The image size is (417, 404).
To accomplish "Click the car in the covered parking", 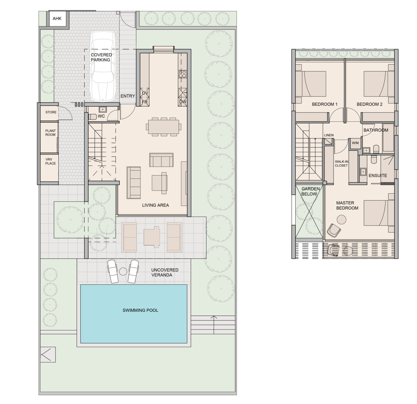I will (102, 66).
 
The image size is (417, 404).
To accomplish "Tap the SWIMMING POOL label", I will (140, 310).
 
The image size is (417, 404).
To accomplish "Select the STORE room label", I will (51, 112).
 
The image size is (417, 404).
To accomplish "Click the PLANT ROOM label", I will (51, 133).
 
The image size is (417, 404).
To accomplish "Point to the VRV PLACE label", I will (51, 161).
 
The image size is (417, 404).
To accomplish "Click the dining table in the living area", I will (162, 126).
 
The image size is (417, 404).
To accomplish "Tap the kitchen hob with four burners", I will (183, 74).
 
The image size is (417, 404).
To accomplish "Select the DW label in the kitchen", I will (183, 102).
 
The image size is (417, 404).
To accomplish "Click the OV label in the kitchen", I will (145, 93).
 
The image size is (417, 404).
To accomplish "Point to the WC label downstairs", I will (101, 116).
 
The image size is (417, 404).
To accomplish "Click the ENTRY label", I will (128, 96).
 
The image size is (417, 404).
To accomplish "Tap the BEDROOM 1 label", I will (325, 104).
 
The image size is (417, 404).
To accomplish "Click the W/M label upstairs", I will (355, 143).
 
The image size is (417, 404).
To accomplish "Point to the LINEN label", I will (329, 135).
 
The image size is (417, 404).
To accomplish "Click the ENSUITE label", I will (378, 175).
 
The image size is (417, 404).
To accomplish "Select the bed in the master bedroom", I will (378, 213).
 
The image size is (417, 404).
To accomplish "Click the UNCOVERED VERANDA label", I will (165, 273).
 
